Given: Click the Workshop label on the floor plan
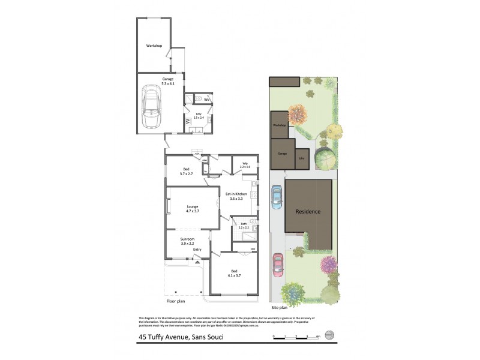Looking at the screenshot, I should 154,46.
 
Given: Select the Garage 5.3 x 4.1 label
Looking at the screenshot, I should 167,82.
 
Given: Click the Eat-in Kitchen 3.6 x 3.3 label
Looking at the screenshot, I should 236,196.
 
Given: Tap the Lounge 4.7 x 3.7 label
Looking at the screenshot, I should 192,209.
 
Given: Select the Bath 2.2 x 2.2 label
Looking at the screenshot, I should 244,226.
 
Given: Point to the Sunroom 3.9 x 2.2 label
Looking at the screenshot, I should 188,241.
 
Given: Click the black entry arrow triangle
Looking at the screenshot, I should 197,262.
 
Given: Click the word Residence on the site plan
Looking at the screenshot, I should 307,211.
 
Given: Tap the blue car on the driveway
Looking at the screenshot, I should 277,196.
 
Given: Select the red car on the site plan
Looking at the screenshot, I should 278,264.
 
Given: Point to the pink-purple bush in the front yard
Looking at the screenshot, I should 329,263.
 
